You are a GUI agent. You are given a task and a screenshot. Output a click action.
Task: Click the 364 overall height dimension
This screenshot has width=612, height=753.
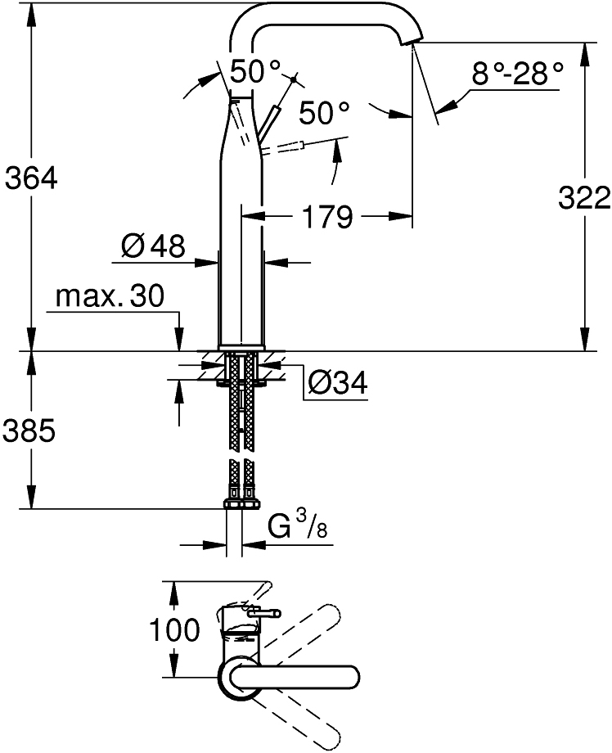pyautogui.click(x=31, y=178)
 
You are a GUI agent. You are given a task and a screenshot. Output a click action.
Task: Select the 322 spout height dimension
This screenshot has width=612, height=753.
pyautogui.click(x=584, y=197)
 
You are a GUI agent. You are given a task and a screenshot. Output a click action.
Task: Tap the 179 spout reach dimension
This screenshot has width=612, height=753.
pyautogui.click(x=328, y=217)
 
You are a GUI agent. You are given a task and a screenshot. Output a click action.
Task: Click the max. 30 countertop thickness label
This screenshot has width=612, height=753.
pyautogui.click(x=110, y=296)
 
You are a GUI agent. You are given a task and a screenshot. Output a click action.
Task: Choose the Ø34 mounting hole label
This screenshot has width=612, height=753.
pyautogui.click(x=338, y=383)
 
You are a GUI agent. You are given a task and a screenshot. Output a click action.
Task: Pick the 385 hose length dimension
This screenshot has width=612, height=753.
pyautogui.click(x=29, y=431)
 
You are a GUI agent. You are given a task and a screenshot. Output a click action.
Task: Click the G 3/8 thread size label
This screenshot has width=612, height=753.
pyautogui.click(x=298, y=525)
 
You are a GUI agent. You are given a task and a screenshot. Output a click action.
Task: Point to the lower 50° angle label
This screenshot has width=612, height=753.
pyautogui.click(x=324, y=114)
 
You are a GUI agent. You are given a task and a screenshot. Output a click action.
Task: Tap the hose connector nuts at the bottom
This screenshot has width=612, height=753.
pyautogui.click(x=241, y=503)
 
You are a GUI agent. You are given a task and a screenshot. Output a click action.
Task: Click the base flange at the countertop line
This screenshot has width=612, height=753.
pyautogui.click(x=241, y=347)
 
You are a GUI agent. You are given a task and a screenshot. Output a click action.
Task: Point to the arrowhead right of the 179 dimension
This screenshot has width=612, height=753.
pyautogui.click(x=400, y=217)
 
